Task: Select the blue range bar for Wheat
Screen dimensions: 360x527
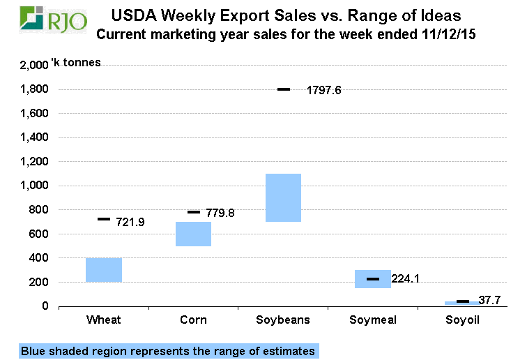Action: click(104, 270)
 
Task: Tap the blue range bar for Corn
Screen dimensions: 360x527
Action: click(193, 234)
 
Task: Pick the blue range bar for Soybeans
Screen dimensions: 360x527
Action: click(282, 197)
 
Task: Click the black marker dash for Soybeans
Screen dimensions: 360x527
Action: click(283, 89)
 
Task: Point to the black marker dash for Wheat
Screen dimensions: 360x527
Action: click(104, 219)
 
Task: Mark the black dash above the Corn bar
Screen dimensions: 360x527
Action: click(194, 212)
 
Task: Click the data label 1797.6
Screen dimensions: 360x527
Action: click(323, 90)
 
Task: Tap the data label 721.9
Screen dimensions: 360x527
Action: click(128, 223)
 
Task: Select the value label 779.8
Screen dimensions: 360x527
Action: click(217, 213)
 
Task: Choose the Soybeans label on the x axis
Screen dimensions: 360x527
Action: click(282, 320)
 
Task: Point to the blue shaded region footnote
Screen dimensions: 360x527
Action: click(168, 351)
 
